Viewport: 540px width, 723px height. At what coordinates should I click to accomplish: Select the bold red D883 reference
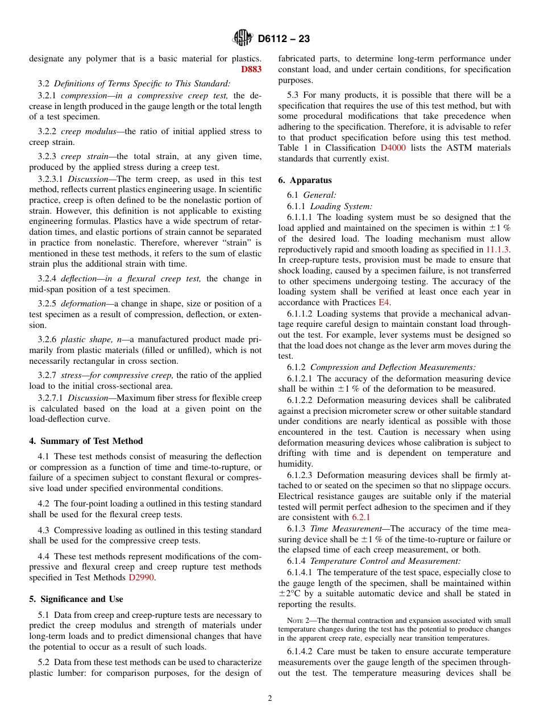point(251,69)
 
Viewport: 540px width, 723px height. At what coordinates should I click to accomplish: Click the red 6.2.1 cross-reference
point(361,517)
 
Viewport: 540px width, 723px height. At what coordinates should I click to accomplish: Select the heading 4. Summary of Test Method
point(86,441)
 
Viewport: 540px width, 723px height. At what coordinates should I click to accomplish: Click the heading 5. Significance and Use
point(76,599)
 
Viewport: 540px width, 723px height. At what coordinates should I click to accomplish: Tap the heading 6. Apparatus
point(305,180)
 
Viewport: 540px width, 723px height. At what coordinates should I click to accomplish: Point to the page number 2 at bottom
point(270,699)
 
